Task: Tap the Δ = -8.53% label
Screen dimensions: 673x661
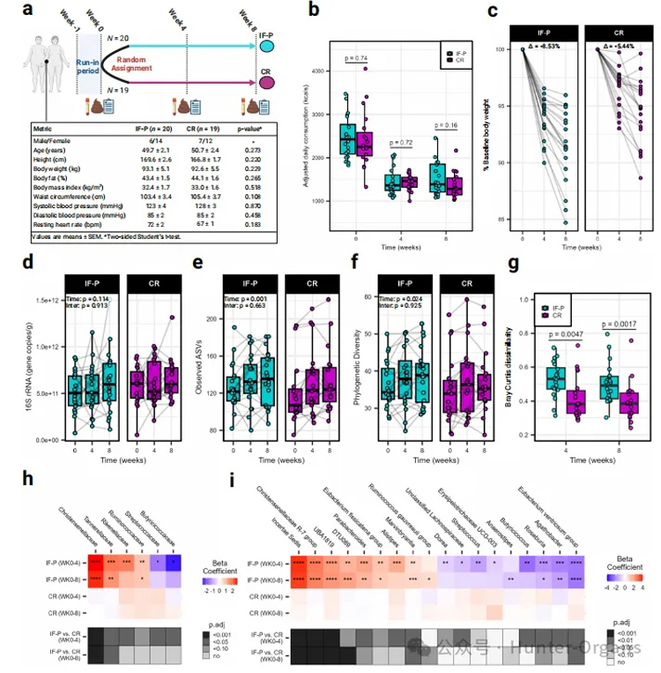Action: pyautogui.click(x=545, y=46)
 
